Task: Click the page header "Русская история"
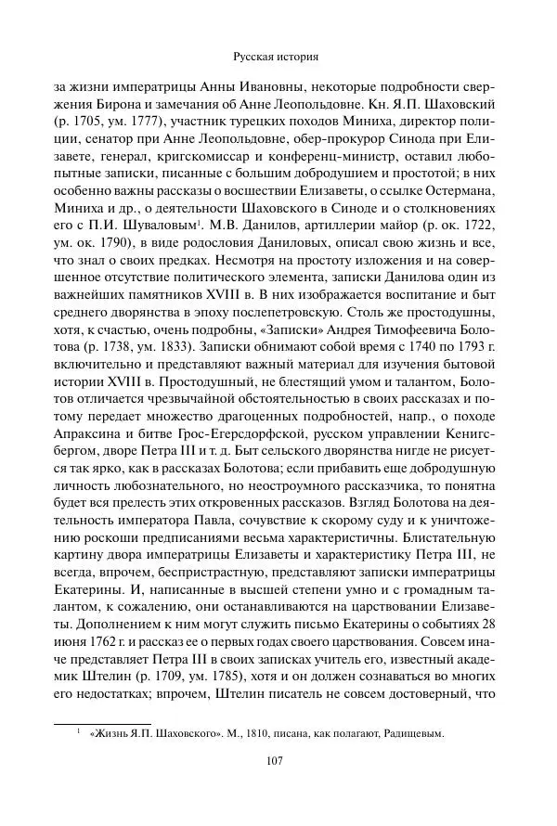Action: pos(279,56)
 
